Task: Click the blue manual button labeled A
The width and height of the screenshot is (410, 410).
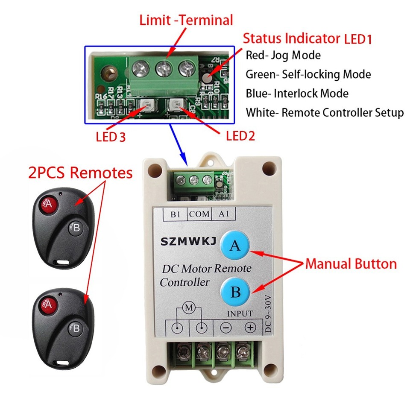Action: [x=235, y=246]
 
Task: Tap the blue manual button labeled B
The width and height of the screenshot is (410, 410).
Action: [x=235, y=292]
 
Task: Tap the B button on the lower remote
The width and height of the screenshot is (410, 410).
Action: [x=76, y=328]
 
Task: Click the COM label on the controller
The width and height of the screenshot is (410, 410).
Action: [x=199, y=214]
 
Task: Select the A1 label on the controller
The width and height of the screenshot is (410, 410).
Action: [x=223, y=214]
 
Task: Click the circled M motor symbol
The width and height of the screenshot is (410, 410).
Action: [x=188, y=307]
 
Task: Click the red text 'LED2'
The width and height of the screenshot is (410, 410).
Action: [x=240, y=136]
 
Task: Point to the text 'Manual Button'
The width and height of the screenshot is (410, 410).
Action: [x=351, y=264]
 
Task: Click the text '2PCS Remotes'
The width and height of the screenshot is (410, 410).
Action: [x=80, y=173]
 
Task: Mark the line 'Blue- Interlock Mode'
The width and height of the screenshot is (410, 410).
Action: [x=297, y=94]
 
